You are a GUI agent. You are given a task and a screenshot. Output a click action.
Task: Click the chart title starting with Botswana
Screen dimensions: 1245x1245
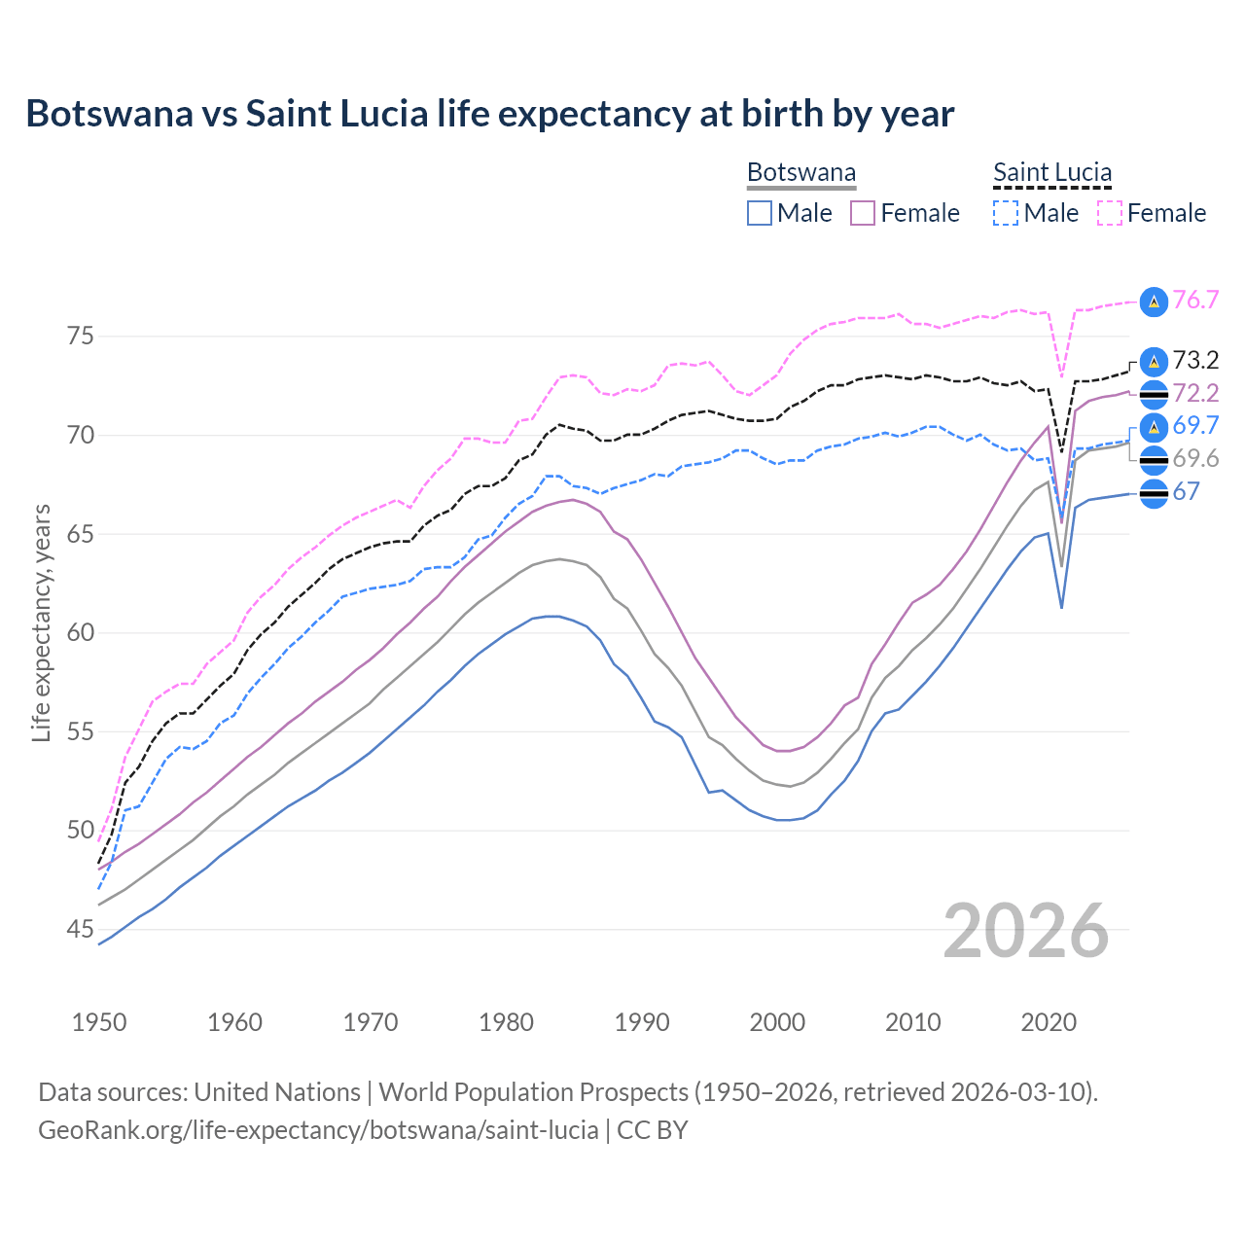coord(490,114)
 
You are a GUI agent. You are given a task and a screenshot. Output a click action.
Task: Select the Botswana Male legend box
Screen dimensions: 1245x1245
coord(760,213)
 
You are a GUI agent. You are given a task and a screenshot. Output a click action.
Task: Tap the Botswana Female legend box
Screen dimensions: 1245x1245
coord(863,213)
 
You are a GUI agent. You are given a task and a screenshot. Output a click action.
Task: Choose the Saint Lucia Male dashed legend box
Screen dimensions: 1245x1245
coord(1006,213)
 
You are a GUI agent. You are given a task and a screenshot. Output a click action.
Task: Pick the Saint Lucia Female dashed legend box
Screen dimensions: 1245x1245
coord(1109,213)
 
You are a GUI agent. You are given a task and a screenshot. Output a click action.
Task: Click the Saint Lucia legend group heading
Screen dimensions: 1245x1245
coord(1051,173)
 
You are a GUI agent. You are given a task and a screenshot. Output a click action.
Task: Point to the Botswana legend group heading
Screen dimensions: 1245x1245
coord(801,173)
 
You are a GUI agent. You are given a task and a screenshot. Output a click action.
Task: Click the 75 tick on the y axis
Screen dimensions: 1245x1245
coord(81,337)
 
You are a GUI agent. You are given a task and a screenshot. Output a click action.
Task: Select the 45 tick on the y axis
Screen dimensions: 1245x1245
coord(81,930)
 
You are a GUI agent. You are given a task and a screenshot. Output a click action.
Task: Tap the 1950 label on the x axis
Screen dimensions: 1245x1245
coord(99,1022)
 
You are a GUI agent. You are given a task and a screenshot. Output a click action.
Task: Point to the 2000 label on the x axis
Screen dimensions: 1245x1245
coord(777,1022)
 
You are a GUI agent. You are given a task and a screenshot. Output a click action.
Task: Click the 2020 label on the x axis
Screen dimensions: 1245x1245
coord(1049,1022)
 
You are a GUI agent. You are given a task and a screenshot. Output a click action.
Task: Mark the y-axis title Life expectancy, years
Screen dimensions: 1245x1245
coord(41,622)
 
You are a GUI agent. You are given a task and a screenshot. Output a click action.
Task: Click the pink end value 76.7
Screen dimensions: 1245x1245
coord(1195,301)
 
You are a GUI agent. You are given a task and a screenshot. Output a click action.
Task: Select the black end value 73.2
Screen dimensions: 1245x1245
coord(1195,361)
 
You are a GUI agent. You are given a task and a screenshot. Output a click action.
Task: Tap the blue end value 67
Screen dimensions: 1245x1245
coord(1186,492)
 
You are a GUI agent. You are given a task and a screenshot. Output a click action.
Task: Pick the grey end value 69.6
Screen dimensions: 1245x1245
coord(1195,459)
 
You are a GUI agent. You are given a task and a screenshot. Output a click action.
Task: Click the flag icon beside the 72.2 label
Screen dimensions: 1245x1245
coord(1154,394)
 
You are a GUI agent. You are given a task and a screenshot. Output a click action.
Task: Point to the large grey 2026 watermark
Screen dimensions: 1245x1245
coord(1026,931)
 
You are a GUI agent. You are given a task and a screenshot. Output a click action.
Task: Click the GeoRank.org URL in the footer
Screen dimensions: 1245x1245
coord(318,1130)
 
